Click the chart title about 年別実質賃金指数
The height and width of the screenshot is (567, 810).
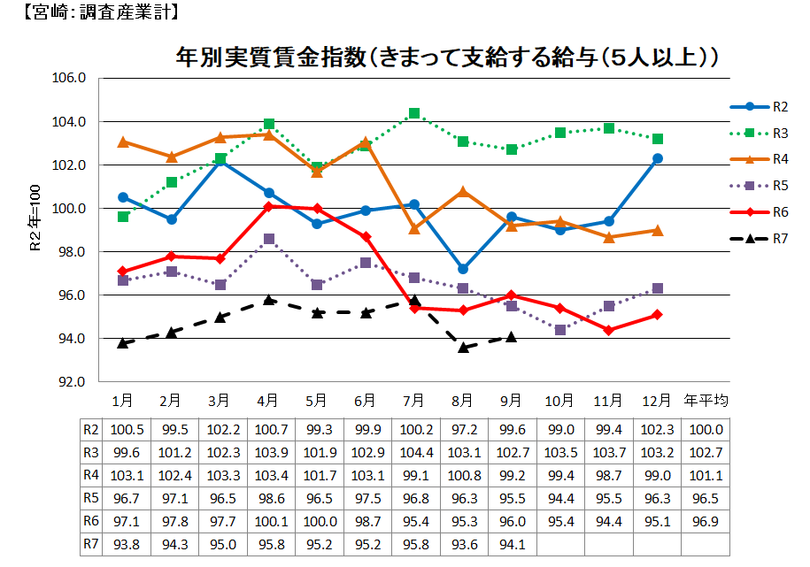(x=445, y=57)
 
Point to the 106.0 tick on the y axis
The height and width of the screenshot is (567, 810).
(x=70, y=78)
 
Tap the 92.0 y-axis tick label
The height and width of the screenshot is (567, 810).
(x=70, y=382)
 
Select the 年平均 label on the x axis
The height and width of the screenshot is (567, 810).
(x=706, y=401)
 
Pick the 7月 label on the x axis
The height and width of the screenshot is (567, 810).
(x=414, y=401)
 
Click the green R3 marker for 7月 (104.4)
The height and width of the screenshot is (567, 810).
(x=414, y=113)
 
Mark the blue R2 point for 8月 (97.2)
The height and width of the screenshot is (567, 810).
(x=463, y=269)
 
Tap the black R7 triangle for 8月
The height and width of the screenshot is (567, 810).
(x=463, y=347)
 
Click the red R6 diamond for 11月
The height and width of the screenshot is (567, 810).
(x=609, y=330)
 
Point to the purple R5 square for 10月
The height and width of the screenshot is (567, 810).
(x=560, y=330)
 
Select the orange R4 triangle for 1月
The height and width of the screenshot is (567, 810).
(x=123, y=142)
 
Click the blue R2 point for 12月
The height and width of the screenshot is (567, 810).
(x=658, y=158)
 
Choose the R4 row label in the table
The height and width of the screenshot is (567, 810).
(x=90, y=475)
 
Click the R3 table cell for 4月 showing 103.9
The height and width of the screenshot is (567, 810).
(x=269, y=452)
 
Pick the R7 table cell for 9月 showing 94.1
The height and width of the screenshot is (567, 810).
(x=512, y=544)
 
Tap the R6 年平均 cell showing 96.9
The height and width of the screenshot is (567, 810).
(x=706, y=521)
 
